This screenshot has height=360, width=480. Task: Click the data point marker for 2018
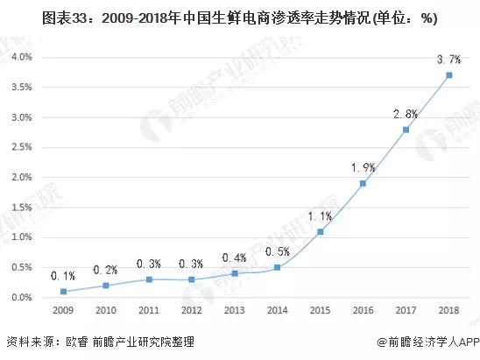[x=449, y=75]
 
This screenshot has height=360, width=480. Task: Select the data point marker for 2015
[x=321, y=231]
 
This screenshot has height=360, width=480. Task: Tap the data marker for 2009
[x=63, y=292]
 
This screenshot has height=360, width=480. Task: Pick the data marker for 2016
[x=364, y=183]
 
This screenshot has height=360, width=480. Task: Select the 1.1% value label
[x=321, y=215]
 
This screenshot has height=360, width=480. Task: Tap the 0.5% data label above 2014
[x=278, y=251]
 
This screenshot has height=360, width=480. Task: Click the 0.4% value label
[x=235, y=258]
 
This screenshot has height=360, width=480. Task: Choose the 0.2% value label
[x=106, y=270]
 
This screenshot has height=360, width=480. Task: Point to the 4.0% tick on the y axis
[x=21, y=57]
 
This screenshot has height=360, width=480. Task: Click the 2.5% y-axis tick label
[x=21, y=147]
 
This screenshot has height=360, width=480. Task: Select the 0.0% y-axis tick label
[x=21, y=298]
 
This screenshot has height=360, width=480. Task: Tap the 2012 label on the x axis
[x=192, y=311]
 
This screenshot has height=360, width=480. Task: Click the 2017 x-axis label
[x=406, y=311]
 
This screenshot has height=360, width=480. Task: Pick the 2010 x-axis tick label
[x=106, y=311]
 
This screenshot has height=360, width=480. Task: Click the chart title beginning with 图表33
[x=239, y=17]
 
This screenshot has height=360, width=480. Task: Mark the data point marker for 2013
[x=235, y=273]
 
